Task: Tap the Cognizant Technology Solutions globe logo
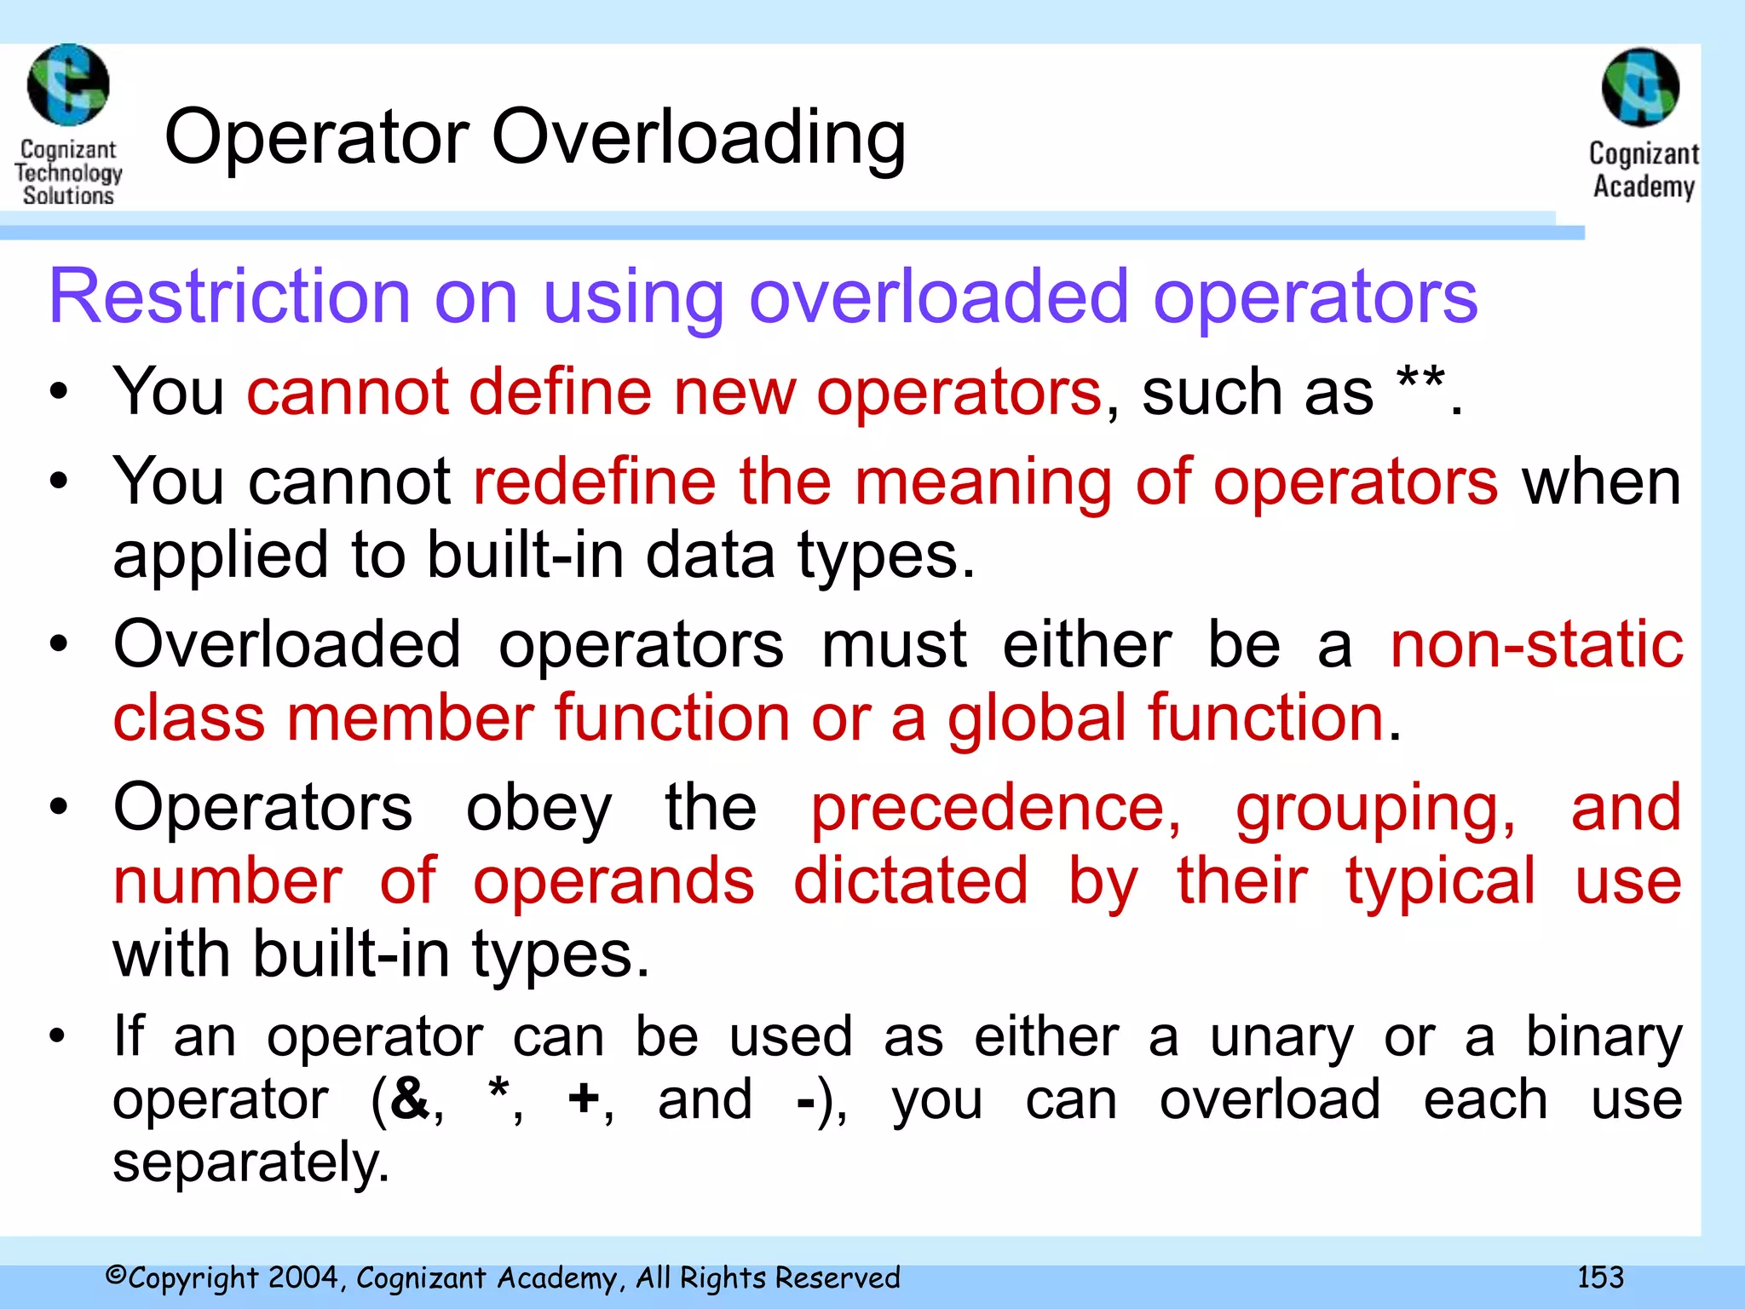pyautogui.click(x=68, y=85)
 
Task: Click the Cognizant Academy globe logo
pyautogui.click(x=1640, y=87)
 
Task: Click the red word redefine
pyautogui.click(x=594, y=482)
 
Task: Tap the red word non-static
pyautogui.click(x=1536, y=644)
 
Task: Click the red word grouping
pyautogui.click(x=1375, y=810)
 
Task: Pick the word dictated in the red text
pyautogui.click(x=910, y=881)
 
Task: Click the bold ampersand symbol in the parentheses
pyautogui.click(x=411, y=1099)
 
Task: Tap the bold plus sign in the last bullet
pyautogui.click(x=584, y=1099)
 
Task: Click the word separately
pyautogui.click(x=251, y=1163)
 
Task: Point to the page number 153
pyautogui.click(x=1600, y=1277)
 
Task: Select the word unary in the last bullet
pyautogui.click(x=1281, y=1038)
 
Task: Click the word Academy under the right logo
pyautogui.click(x=1644, y=187)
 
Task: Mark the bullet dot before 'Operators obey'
pyautogui.click(x=58, y=807)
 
